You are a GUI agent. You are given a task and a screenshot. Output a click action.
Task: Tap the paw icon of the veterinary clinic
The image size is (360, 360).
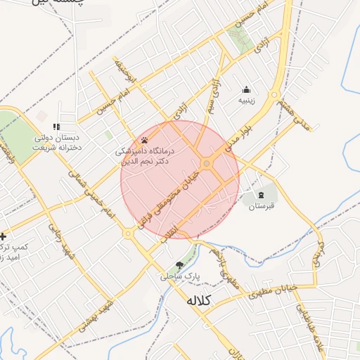tap(145, 140)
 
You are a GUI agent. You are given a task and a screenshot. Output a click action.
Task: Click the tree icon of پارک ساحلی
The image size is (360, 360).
tap(179, 265)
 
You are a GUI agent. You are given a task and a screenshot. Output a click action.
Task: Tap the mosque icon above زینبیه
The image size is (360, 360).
tap(246, 89)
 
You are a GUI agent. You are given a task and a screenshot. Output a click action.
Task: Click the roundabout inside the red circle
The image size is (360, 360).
tap(206, 164)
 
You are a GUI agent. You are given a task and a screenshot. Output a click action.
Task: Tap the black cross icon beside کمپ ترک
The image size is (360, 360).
tap(4, 236)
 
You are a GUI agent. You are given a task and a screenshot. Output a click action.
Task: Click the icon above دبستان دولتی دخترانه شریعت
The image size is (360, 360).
tap(57, 127)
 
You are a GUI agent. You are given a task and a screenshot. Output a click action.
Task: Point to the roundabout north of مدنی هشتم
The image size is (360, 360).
tap(274, 94)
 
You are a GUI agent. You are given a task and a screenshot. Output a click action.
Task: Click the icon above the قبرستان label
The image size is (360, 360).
tap(262, 194)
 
